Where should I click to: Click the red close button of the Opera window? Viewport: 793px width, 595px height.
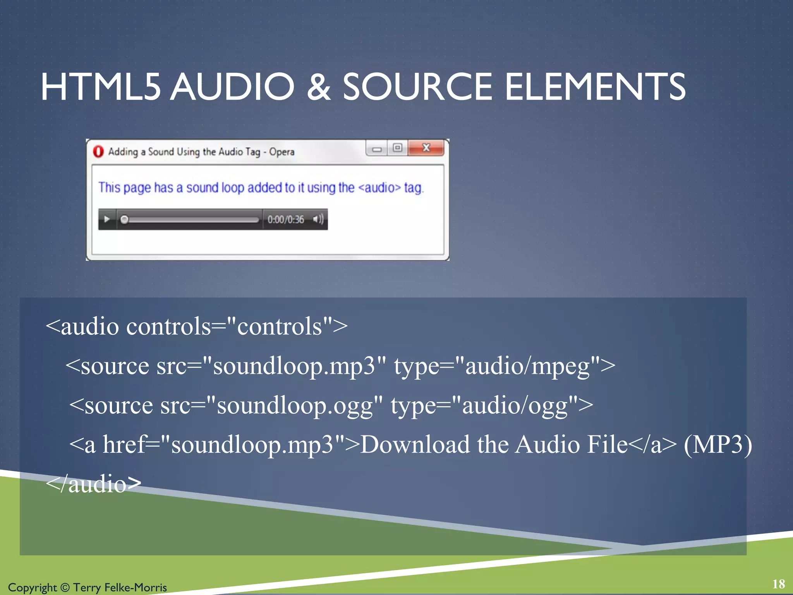coord(426,148)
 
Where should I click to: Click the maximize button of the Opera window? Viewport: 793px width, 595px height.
coord(397,148)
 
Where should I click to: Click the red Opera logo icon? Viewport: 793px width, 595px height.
coord(98,151)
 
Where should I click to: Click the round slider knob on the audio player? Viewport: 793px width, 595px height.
coord(124,220)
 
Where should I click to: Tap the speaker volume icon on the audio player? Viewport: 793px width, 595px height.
coord(318,219)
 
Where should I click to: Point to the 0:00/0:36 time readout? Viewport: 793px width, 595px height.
coord(286,220)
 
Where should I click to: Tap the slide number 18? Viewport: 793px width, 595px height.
coord(778,584)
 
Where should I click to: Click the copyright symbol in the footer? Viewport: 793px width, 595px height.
coord(65,588)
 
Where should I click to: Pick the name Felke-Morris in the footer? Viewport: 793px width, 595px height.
coord(136,588)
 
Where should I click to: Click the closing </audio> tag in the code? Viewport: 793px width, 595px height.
coord(93,484)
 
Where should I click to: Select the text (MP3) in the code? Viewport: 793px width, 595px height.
coord(718,444)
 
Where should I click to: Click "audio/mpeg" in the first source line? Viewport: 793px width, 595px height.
coord(527,366)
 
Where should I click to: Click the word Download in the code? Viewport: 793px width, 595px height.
coord(415,444)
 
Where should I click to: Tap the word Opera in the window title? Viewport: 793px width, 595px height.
coord(281,152)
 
